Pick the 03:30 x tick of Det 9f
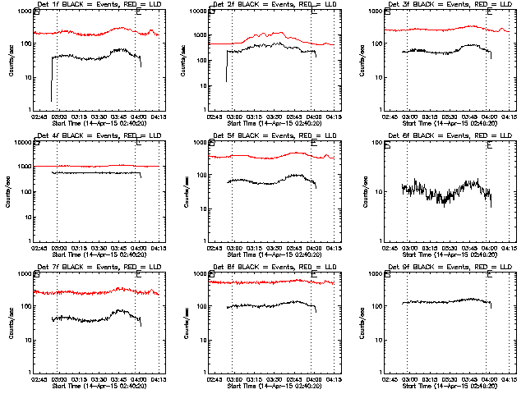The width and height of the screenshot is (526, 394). [450, 378]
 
